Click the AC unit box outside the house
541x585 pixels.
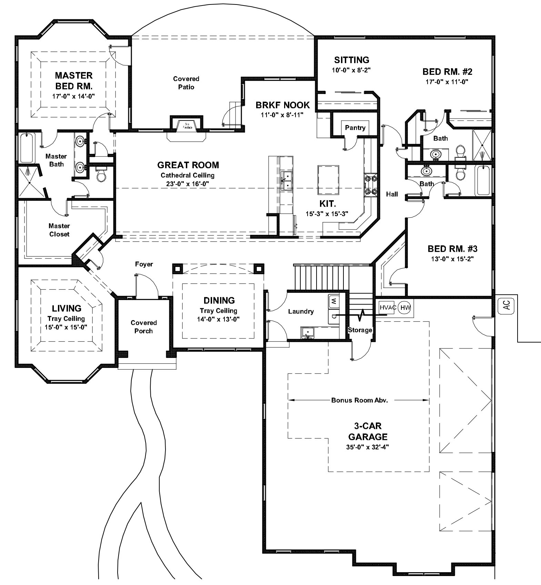tap(506, 305)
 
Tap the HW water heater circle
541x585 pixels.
tap(404, 307)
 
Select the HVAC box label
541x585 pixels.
tap(388, 307)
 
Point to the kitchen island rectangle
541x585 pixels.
tap(328, 180)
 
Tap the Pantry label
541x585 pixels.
tap(355, 128)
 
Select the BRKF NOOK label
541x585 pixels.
tap(282, 105)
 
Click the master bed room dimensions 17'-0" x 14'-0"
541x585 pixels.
tap(73, 96)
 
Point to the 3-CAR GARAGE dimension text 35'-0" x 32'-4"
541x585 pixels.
tap(368, 447)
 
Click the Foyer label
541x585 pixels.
tap(144, 264)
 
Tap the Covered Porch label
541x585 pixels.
tap(144, 327)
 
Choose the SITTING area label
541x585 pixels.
tap(351, 60)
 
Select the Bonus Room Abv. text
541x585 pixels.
tap(359, 400)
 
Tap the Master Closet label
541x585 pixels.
tap(59, 230)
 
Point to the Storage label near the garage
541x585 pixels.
tap(360, 330)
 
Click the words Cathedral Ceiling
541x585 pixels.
tap(187, 175)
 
